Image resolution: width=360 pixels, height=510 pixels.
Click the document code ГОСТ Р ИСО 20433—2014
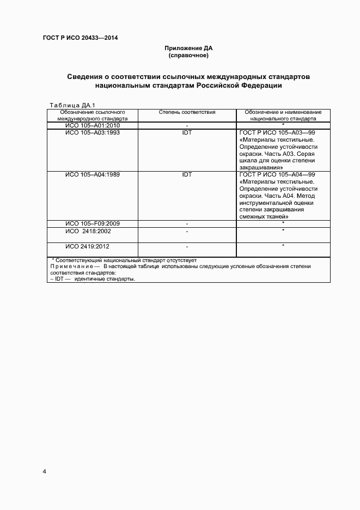(x=80, y=38)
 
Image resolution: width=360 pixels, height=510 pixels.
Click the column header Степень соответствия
(x=187, y=112)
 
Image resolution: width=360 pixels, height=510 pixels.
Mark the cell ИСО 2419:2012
(x=92, y=246)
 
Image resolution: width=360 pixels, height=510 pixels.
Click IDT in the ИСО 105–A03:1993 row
(x=187, y=132)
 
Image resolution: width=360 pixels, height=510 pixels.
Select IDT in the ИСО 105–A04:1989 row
(x=187, y=174)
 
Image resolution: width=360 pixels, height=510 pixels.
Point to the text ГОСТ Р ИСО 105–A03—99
(x=277, y=132)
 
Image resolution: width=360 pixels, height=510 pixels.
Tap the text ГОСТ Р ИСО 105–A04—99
(x=277, y=174)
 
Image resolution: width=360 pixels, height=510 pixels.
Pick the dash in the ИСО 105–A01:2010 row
(x=187, y=126)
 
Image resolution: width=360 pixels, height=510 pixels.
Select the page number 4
(x=44, y=471)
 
